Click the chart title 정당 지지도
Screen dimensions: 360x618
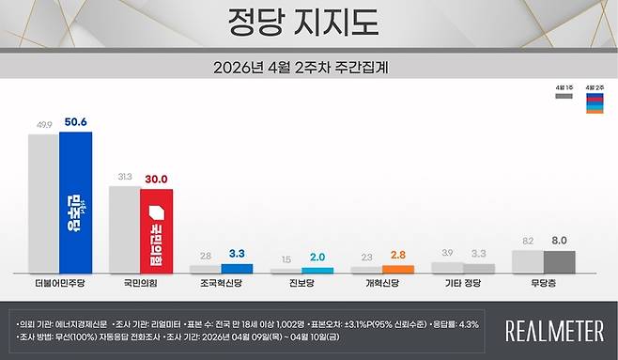(x=308, y=20)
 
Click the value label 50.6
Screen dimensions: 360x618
(x=76, y=122)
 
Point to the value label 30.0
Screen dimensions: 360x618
(x=156, y=177)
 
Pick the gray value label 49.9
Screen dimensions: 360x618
(x=43, y=123)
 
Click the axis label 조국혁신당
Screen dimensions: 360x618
(x=221, y=281)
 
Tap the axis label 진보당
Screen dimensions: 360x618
(x=301, y=281)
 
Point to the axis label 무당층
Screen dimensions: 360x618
(x=543, y=281)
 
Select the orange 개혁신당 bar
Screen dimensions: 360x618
(x=398, y=269)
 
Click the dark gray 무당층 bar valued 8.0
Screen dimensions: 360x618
(x=559, y=261)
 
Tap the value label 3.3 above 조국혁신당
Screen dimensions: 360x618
(x=237, y=252)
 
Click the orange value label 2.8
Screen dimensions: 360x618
(x=398, y=255)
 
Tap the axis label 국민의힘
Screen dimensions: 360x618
(x=140, y=281)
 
